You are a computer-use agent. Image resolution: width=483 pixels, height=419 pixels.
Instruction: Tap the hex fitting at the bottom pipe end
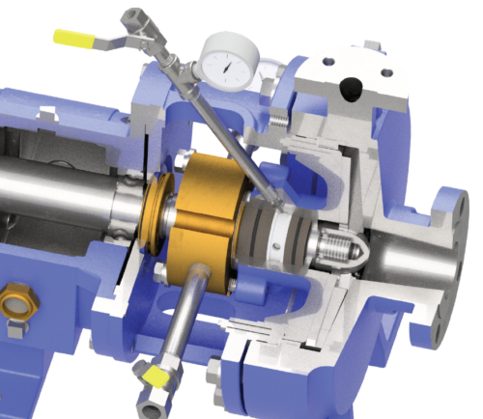point(153,393)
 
